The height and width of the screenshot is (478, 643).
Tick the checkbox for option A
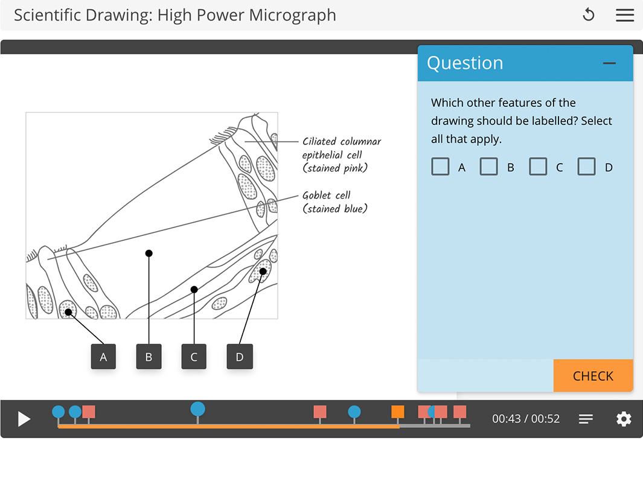click(441, 167)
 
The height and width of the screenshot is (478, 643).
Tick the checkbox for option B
click(489, 167)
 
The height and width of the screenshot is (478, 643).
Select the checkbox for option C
click(538, 167)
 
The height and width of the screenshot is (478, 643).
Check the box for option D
click(587, 167)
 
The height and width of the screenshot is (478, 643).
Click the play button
click(24, 419)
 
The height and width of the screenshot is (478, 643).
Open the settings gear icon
click(624, 419)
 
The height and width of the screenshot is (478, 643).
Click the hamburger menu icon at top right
click(625, 15)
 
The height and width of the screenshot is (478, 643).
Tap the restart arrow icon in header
click(589, 15)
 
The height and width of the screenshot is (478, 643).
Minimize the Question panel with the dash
click(609, 63)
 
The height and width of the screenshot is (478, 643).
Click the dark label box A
click(103, 357)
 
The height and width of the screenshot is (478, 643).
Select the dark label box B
click(149, 357)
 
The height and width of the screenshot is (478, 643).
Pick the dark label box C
click(194, 357)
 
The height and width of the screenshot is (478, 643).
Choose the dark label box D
click(240, 357)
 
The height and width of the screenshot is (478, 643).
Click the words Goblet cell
click(327, 196)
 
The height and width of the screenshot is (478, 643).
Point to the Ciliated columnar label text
click(342, 142)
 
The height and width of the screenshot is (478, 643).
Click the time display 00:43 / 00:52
click(526, 419)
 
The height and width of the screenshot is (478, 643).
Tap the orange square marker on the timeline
click(397, 412)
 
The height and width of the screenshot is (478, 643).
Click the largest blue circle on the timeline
click(197, 409)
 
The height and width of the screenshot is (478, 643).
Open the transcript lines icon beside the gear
click(586, 419)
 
